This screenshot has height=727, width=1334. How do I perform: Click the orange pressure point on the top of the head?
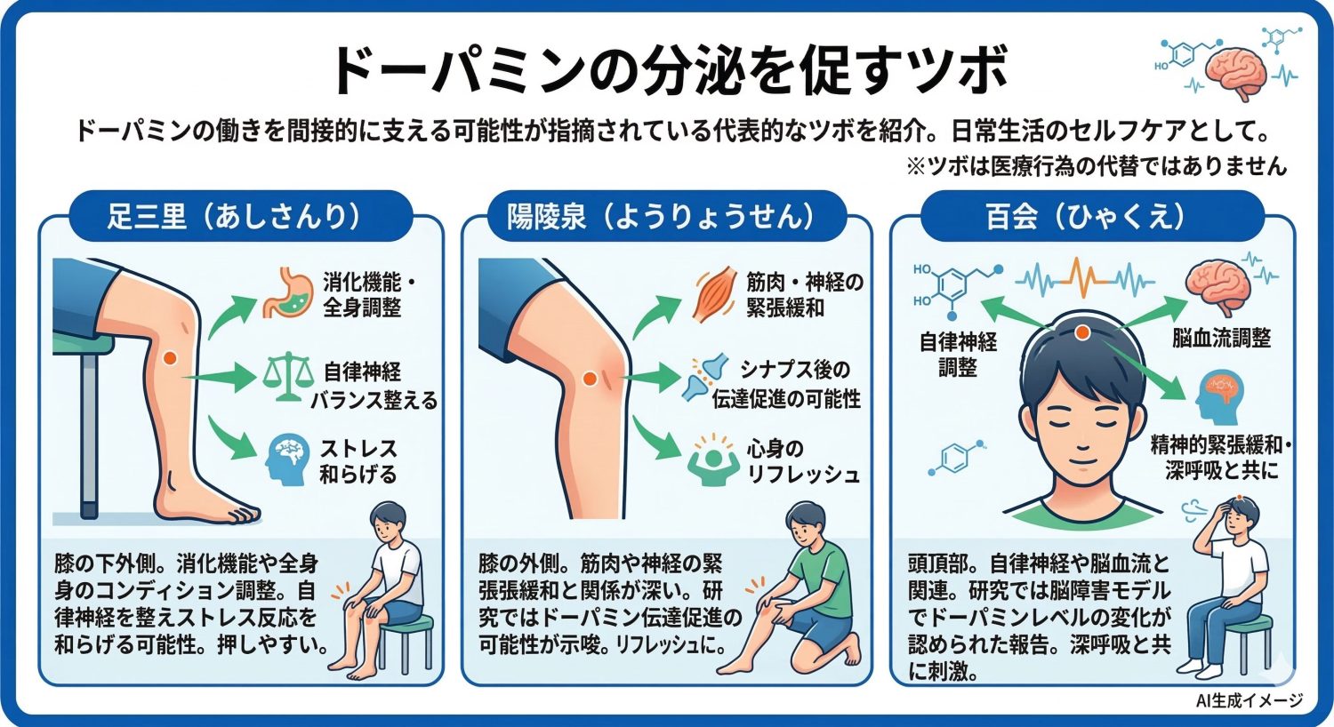(x=1082, y=332)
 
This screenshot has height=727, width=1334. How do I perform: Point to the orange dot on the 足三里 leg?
(x=170, y=357)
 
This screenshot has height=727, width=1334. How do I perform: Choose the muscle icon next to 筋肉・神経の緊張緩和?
(x=714, y=292)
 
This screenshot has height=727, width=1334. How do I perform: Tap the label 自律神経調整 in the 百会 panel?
(x=958, y=354)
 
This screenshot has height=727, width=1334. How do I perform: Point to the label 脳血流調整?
(x=1221, y=338)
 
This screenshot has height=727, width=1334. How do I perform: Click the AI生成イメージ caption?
(x=1250, y=701)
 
